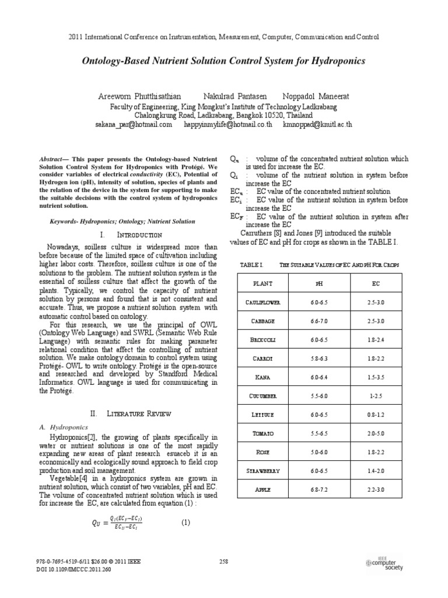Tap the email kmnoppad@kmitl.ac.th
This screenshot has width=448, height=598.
click(x=317, y=124)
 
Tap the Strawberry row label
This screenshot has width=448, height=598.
click(x=262, y=471)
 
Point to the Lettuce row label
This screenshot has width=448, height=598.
click(x=262, y=415)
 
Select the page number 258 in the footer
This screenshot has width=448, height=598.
click(x=223, y=562)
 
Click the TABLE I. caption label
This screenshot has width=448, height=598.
click(x=252, y=265)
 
